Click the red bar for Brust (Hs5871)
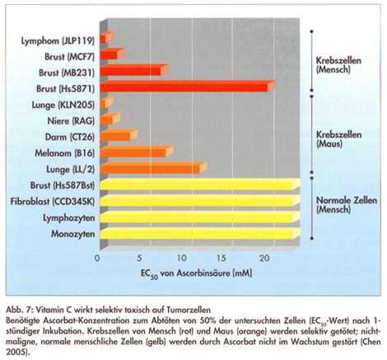click(x=188, y=86)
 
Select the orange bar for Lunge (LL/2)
click(x=153, y=168)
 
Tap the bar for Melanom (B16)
click(x=137, y=152)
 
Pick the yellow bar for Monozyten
click(x=200, y=233)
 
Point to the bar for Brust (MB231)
click(x=134, y=70)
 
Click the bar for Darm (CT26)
click(x=119, y=135)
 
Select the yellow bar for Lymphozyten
click(x=200, y=217)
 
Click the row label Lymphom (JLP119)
click(x=58, y=41)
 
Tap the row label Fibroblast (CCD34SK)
click(x=53, y=202)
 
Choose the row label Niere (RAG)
click(x=71, y=121)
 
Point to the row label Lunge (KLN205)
click(x=63, y=105)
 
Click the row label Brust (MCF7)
click(x=70, y=57)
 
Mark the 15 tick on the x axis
click(x=221, y=258)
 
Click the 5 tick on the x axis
click(x=140, y=258)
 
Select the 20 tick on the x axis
click(x=264, y=258)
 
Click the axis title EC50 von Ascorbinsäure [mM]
click(x=196, y=274)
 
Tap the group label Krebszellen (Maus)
click(x=338, y=139)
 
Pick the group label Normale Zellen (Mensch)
click(x=347, y=205)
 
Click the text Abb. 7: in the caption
click(x=20, y=310)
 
